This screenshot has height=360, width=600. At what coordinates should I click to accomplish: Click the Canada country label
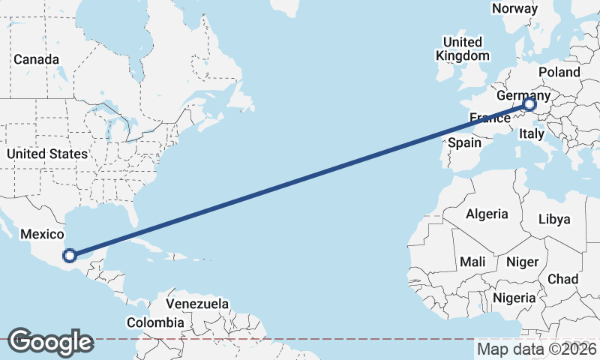point(36,59)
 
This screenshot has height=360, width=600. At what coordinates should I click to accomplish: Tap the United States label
point(46,154)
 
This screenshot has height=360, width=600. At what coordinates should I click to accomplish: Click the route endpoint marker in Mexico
point(69,256)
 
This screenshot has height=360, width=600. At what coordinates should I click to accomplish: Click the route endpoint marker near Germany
point(529,105)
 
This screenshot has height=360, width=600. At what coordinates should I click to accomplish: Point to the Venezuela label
point(197,304)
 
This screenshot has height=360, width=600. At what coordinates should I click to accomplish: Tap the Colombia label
point(154,322)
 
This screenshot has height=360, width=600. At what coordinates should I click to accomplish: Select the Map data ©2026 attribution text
point(536,349)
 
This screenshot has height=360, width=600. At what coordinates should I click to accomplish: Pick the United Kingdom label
point(463,49)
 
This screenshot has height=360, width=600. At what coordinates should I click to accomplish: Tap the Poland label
point(559,72)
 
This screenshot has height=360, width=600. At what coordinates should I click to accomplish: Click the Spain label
point(464,142)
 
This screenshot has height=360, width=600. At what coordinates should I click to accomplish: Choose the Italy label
point(531,134)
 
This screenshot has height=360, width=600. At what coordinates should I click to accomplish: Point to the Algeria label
point(487,214)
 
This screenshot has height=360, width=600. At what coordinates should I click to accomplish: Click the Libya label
point(555,220)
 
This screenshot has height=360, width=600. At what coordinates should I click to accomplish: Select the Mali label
point(472,262)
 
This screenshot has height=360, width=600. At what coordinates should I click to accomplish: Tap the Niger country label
point(523,262)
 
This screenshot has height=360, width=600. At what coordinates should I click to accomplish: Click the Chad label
point(562,279)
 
